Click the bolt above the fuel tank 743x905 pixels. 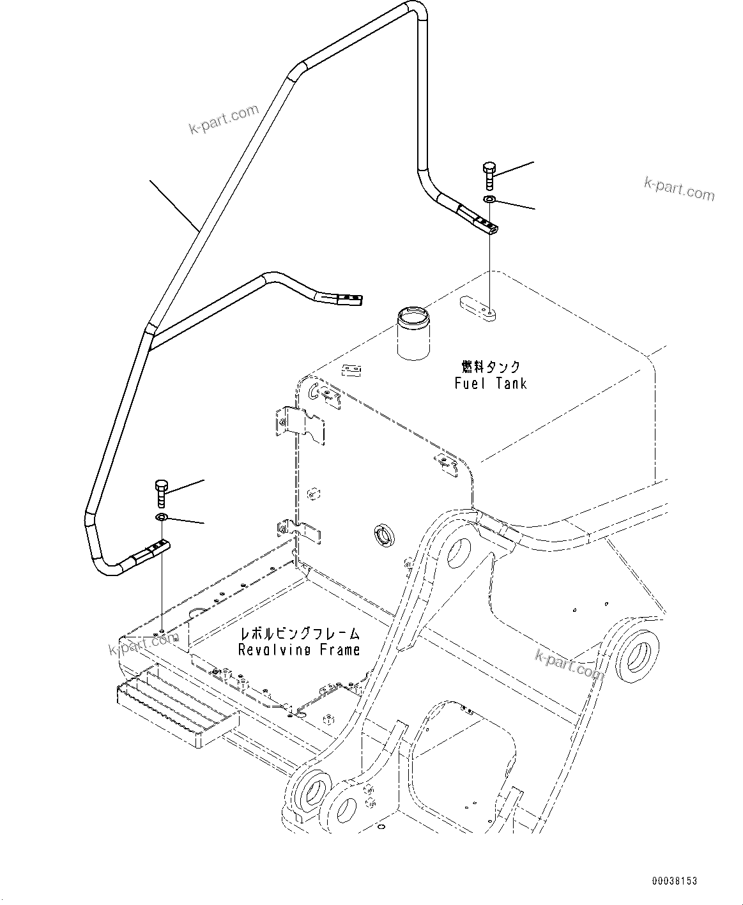point(489,175)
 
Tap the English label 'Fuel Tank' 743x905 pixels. point(491,383)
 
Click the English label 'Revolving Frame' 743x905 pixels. point(299,650)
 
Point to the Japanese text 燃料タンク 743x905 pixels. point(491,367)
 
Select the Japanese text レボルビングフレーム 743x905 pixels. point(299,634)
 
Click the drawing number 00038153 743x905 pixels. point(674,881)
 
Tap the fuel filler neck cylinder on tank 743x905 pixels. point(413,332)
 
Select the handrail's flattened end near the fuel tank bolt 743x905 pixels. point(484,223)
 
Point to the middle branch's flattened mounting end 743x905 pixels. point(345,298)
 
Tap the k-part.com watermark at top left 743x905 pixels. point(224,120)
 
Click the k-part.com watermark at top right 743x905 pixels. point(678,189)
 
